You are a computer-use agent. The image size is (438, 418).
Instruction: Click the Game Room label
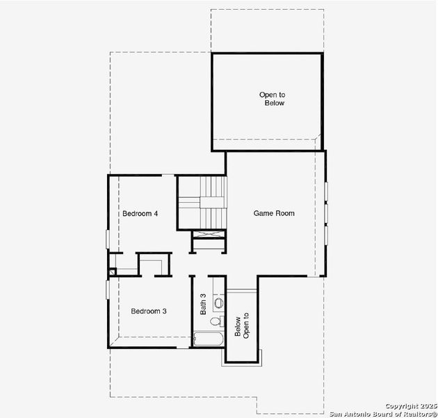(x=273, y=213)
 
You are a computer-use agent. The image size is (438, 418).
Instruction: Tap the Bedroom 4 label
(x=140, y=213)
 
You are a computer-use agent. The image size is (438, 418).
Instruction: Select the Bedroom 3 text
(x=148, y=311)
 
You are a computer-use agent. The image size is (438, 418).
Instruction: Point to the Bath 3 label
(x=203, y=304)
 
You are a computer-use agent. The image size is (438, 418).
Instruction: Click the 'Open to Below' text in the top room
(x=273, y=99)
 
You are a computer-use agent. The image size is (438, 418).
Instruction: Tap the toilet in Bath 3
(x=219, y=320)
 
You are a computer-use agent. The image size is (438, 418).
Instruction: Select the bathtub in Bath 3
(x=208, y=341)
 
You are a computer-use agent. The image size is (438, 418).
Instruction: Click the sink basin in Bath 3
(x=218, y=303)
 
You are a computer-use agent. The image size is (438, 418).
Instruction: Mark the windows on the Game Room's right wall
(x=325, y=212)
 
